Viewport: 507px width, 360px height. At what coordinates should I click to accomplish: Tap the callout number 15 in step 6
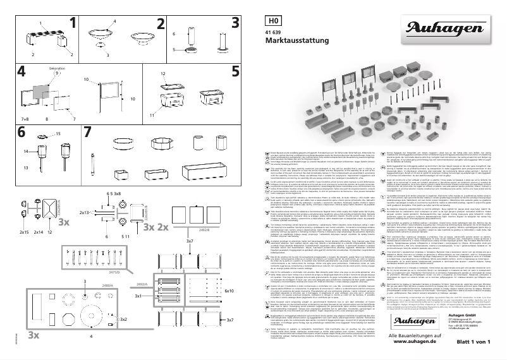pyautogui.click(x=59, y=134)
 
